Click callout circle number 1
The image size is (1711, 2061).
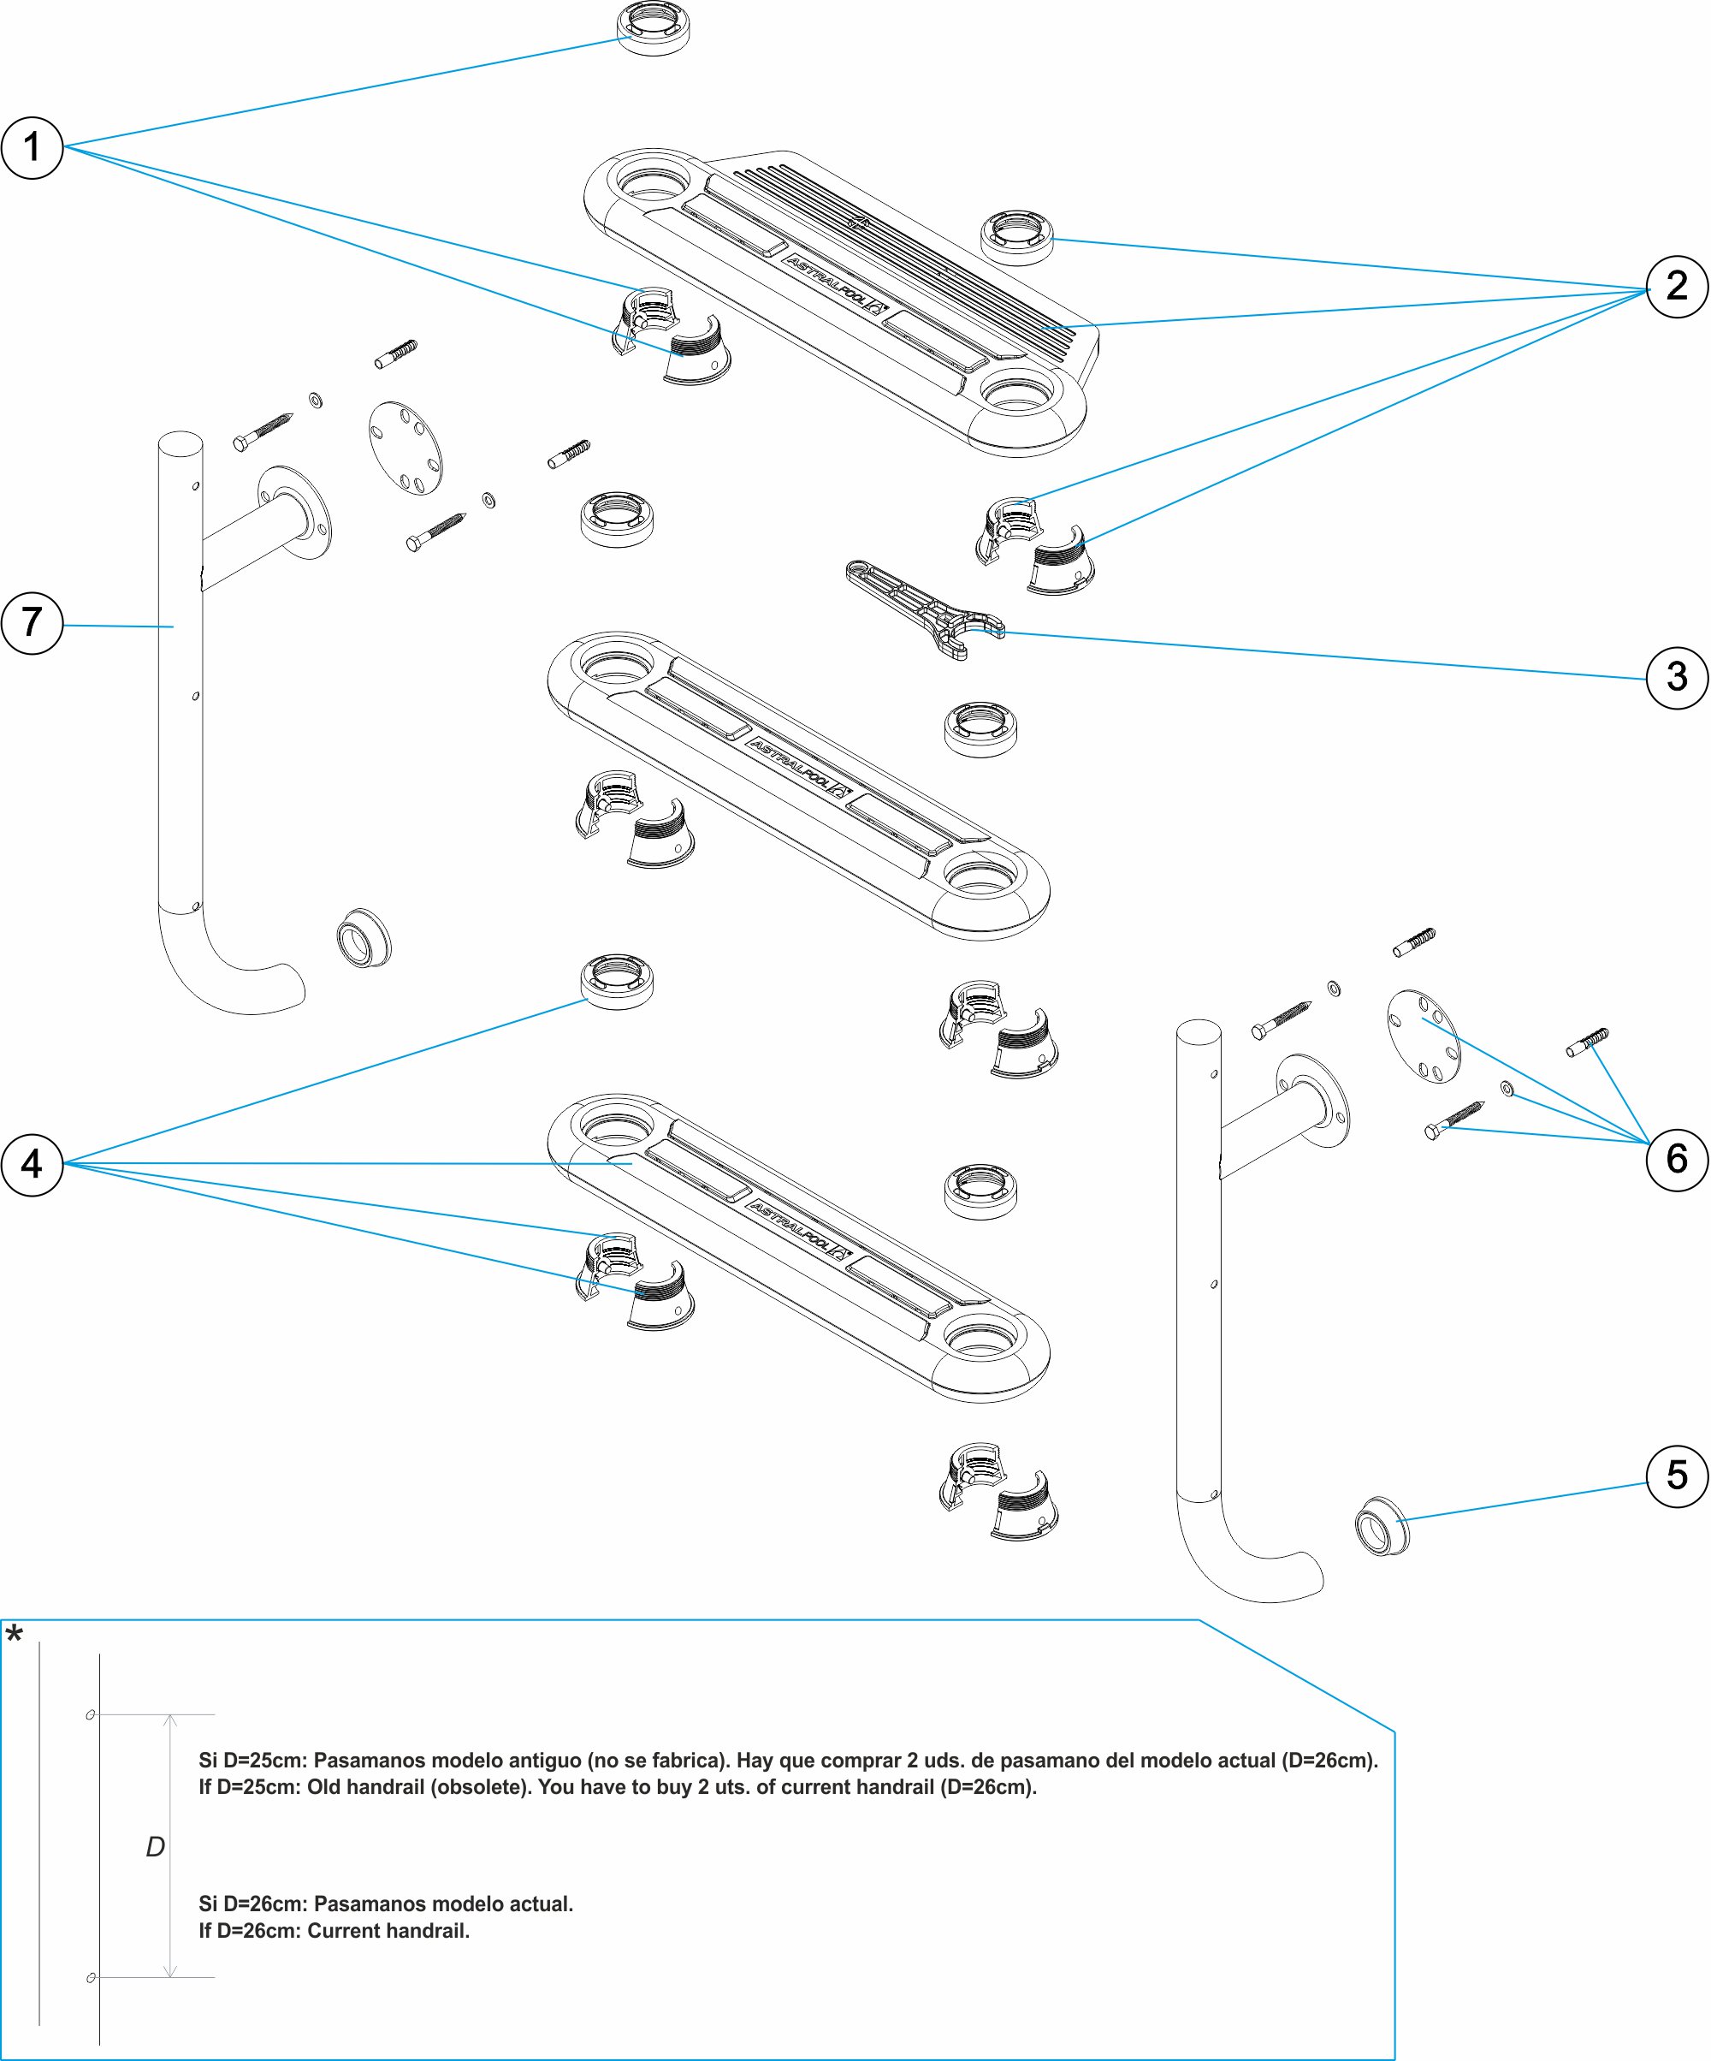click(x=33, y=147)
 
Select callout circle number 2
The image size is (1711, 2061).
click(x=1677, y=287)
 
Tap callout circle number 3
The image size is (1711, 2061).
click(x=1677, y=677)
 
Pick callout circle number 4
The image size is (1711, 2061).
click(x=33, y=1164)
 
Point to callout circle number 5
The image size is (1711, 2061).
click(x=1677, y=1475)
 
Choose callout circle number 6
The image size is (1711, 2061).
click(x=1677, y=1159)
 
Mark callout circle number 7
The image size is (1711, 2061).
click(x=33, y=622)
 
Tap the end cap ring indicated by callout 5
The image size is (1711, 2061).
click(x=1382, y=1526)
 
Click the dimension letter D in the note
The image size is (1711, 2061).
click(x=155, y=1847)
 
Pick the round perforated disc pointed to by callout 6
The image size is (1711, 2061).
click(x=1424, y=1036)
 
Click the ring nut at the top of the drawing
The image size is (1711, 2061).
click(x=654, y=27)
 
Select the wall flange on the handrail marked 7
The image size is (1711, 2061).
click(x=295, y=513)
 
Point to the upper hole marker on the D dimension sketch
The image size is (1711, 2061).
click(x=91, y=1714)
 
